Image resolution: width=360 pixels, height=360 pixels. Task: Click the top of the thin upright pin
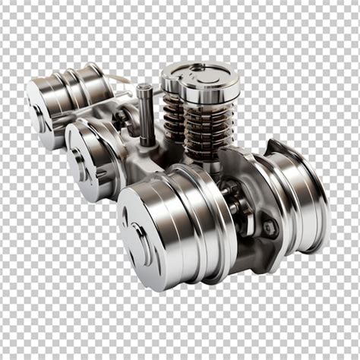[x=145, y=90]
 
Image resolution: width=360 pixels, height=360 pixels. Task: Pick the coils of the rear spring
[x=172, y=118]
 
